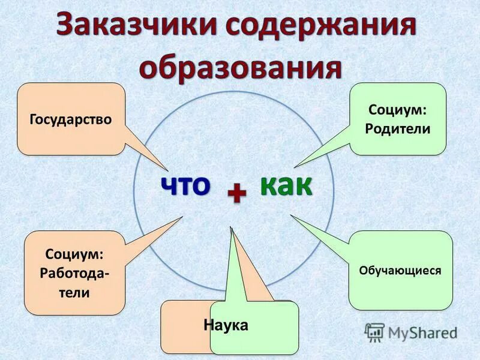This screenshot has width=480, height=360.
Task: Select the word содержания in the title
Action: click(317, 27)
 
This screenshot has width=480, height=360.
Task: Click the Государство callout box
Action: click(71, 119)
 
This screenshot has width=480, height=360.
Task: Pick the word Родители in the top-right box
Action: click(398, 128)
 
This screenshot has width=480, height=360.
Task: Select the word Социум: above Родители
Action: click(398, 110)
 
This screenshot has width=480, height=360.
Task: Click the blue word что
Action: click(185, 185)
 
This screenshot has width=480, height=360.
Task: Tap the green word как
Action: click(286, 185)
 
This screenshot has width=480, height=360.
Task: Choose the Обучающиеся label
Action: click(400, 271)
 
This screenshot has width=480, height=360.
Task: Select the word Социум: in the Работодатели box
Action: click(75, 255)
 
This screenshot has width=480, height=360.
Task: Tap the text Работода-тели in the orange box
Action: click(75, 283)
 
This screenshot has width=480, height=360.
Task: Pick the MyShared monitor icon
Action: click(374, 331)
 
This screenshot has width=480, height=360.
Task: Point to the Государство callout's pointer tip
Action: click(167, 169)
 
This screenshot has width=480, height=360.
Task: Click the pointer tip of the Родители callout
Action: click(295, 167)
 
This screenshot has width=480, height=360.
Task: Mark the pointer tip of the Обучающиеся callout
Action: click(291, 215)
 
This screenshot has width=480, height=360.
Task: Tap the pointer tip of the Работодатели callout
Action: click(182, 217)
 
